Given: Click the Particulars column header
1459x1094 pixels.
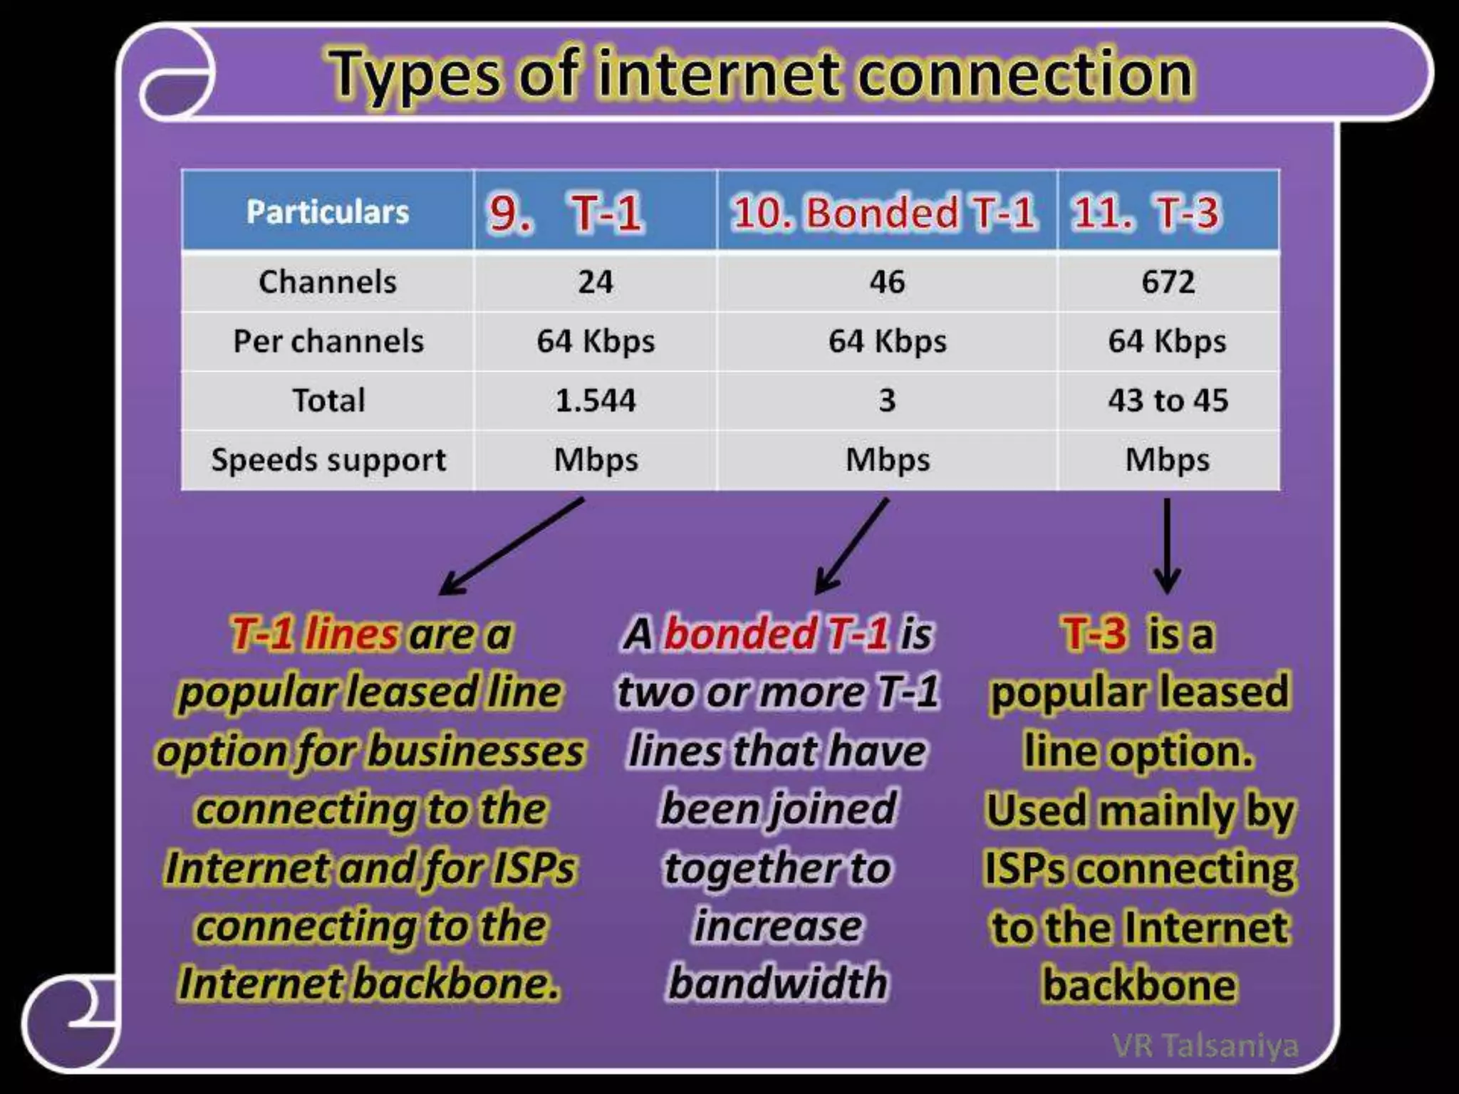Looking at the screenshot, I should [328, 212].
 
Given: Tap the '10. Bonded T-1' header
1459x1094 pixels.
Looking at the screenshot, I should [884, 212].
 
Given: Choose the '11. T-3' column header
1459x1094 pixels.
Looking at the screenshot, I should [1146, 212].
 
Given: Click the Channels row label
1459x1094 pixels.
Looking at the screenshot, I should [328, 282].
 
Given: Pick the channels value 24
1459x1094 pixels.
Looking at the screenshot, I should [596, 282].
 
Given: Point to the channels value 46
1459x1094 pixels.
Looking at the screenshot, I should [887, 282].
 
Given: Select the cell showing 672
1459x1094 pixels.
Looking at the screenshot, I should [1168, 282].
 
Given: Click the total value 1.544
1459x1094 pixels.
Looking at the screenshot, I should [596, 400].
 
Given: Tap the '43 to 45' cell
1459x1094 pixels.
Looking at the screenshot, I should [1168, 400].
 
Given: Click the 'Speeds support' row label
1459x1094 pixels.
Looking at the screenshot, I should [328, 460].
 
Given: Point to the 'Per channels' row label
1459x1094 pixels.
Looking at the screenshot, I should [328, 341].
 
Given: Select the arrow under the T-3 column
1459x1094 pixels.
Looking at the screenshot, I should [1167, 545].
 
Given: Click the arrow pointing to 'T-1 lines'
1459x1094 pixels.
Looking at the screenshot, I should [511, 546].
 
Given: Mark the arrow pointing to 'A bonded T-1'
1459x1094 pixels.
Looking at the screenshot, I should [852, 546].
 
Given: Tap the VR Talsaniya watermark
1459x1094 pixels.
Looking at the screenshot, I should [1205, 1046].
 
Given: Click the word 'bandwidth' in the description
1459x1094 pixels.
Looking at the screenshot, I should [778, 984].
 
